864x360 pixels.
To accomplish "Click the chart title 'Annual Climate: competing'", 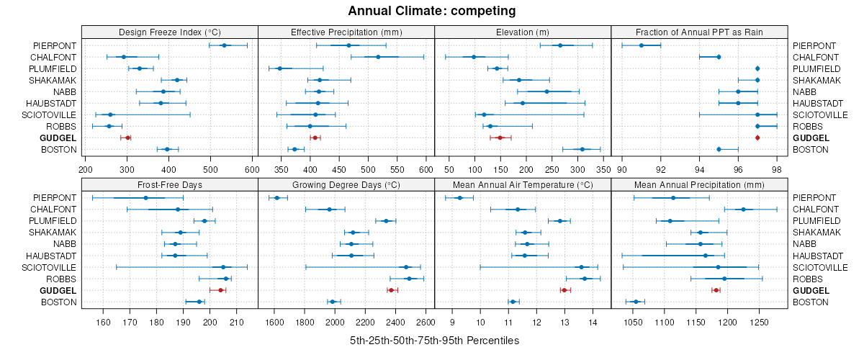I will point(432,11).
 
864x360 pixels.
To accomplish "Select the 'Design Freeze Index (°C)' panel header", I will point(169,32).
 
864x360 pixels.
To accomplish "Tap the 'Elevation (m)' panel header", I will point(523,32).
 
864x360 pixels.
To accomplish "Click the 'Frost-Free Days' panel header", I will point(169,184).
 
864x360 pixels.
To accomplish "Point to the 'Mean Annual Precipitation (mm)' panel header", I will point(699,184).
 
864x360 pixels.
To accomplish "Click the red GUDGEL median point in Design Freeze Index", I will point(127,138).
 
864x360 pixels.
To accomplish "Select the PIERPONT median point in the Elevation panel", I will point(560,45).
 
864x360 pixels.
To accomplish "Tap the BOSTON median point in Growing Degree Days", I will point(333,302).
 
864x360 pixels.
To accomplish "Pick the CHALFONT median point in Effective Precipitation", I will point(378,57).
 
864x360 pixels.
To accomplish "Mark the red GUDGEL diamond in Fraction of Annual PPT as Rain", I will point(757,138).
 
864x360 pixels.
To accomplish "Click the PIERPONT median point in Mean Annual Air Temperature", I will point(459,198).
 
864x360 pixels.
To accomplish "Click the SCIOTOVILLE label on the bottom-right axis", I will point(820,267).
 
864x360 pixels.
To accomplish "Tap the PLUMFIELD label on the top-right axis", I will point(816,68).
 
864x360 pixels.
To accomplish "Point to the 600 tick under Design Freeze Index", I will point(252,169).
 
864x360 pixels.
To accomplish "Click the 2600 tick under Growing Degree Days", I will point(425,322).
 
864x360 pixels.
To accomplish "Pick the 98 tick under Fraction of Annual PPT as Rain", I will point(776,169).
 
